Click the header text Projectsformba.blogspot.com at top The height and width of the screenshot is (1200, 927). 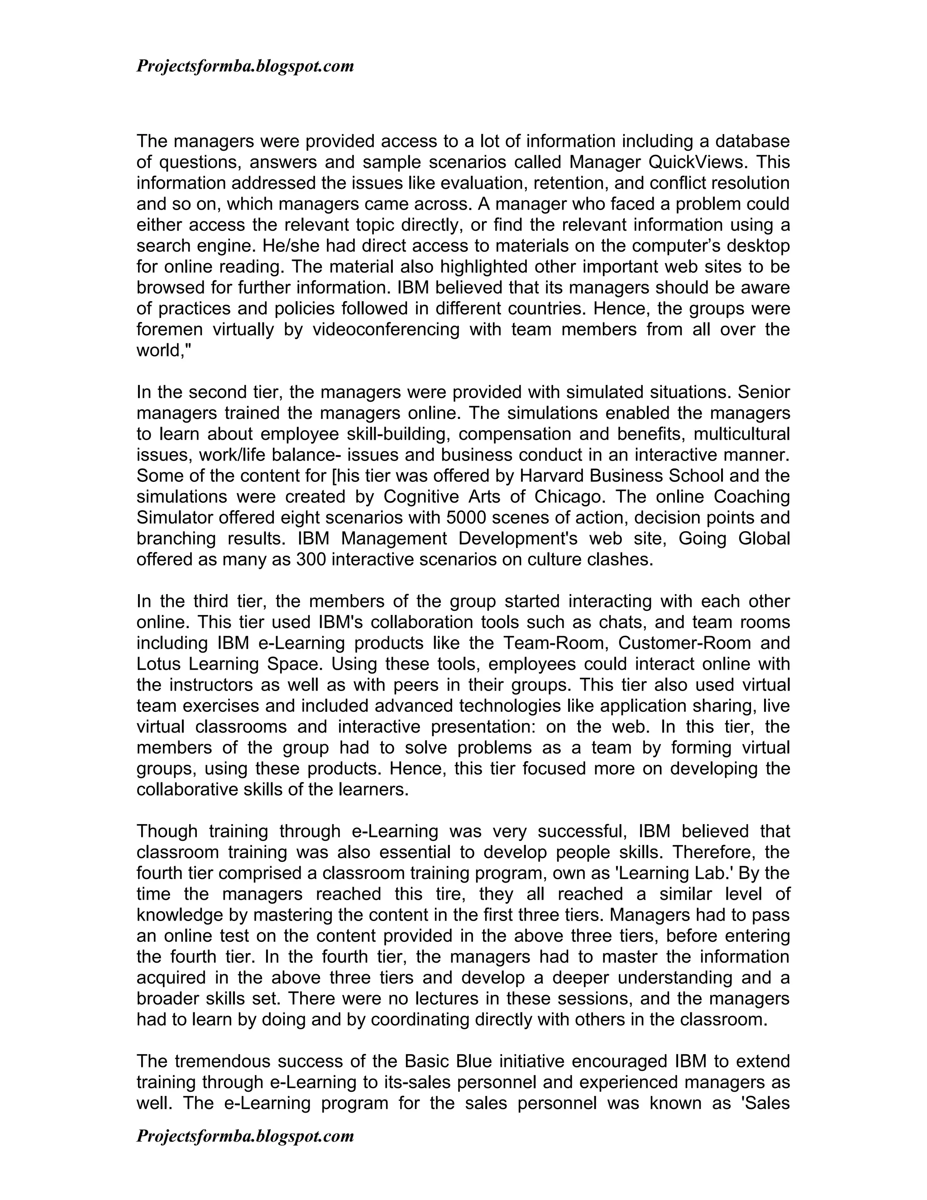click(x=245, y=67)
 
